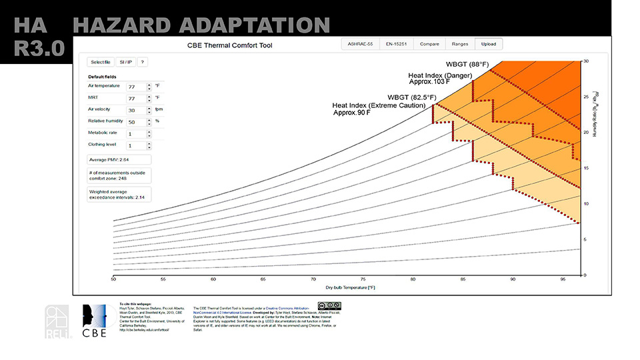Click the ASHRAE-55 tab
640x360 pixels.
[x=360, y=44]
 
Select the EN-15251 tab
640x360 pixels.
[x=397, y=44]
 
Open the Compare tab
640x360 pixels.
[x=428, y=44]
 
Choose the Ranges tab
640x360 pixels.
[x=459, y=44]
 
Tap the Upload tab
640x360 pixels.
[x=489, y=44]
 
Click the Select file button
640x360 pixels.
[x=101, y=62]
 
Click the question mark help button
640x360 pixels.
[x=142, y=62]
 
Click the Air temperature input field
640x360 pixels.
[x=135, y=87]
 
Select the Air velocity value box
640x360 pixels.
[x=135, y=110]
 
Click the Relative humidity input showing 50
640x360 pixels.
[x=135, y=121]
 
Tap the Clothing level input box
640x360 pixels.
[x=135, y=145]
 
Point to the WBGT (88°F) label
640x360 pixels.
[x=468, y=64]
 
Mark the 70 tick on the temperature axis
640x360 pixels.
[x=313, y=279]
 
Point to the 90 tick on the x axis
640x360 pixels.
[x=513, y=279]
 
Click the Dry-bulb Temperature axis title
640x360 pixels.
[x=349, y=287]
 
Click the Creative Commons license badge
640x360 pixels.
[x=334, y=305]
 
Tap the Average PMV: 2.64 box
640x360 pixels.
[x=119, y=160]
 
